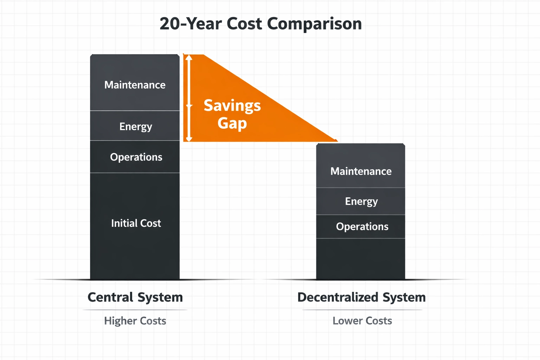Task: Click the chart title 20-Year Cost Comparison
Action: (x=261, y=24)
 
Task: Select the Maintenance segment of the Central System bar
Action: (x=135, y=83)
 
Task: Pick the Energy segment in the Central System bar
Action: (x=135, y=126)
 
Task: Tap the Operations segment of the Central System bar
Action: (x=135, y=157)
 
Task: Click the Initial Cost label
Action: (x=136, y=223)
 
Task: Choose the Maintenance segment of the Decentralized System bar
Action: (x=361, y=166)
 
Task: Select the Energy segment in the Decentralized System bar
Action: (x=361, y=201)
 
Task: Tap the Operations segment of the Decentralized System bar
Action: (x=361, y=227)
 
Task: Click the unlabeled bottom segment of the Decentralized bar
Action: (x=361, y=259)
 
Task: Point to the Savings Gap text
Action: (x=232, y=114)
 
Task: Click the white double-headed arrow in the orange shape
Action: (x=189, y=98)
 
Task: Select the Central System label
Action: (x=135, y=297)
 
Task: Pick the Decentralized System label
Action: (x=361, y=297)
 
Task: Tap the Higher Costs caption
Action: (x=135, y=321)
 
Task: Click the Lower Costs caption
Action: (x=362, y=321)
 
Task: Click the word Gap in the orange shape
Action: (x=232, y=123)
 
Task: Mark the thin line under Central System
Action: (x=135, y=310)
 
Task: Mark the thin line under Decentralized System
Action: (x=362, y=310)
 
